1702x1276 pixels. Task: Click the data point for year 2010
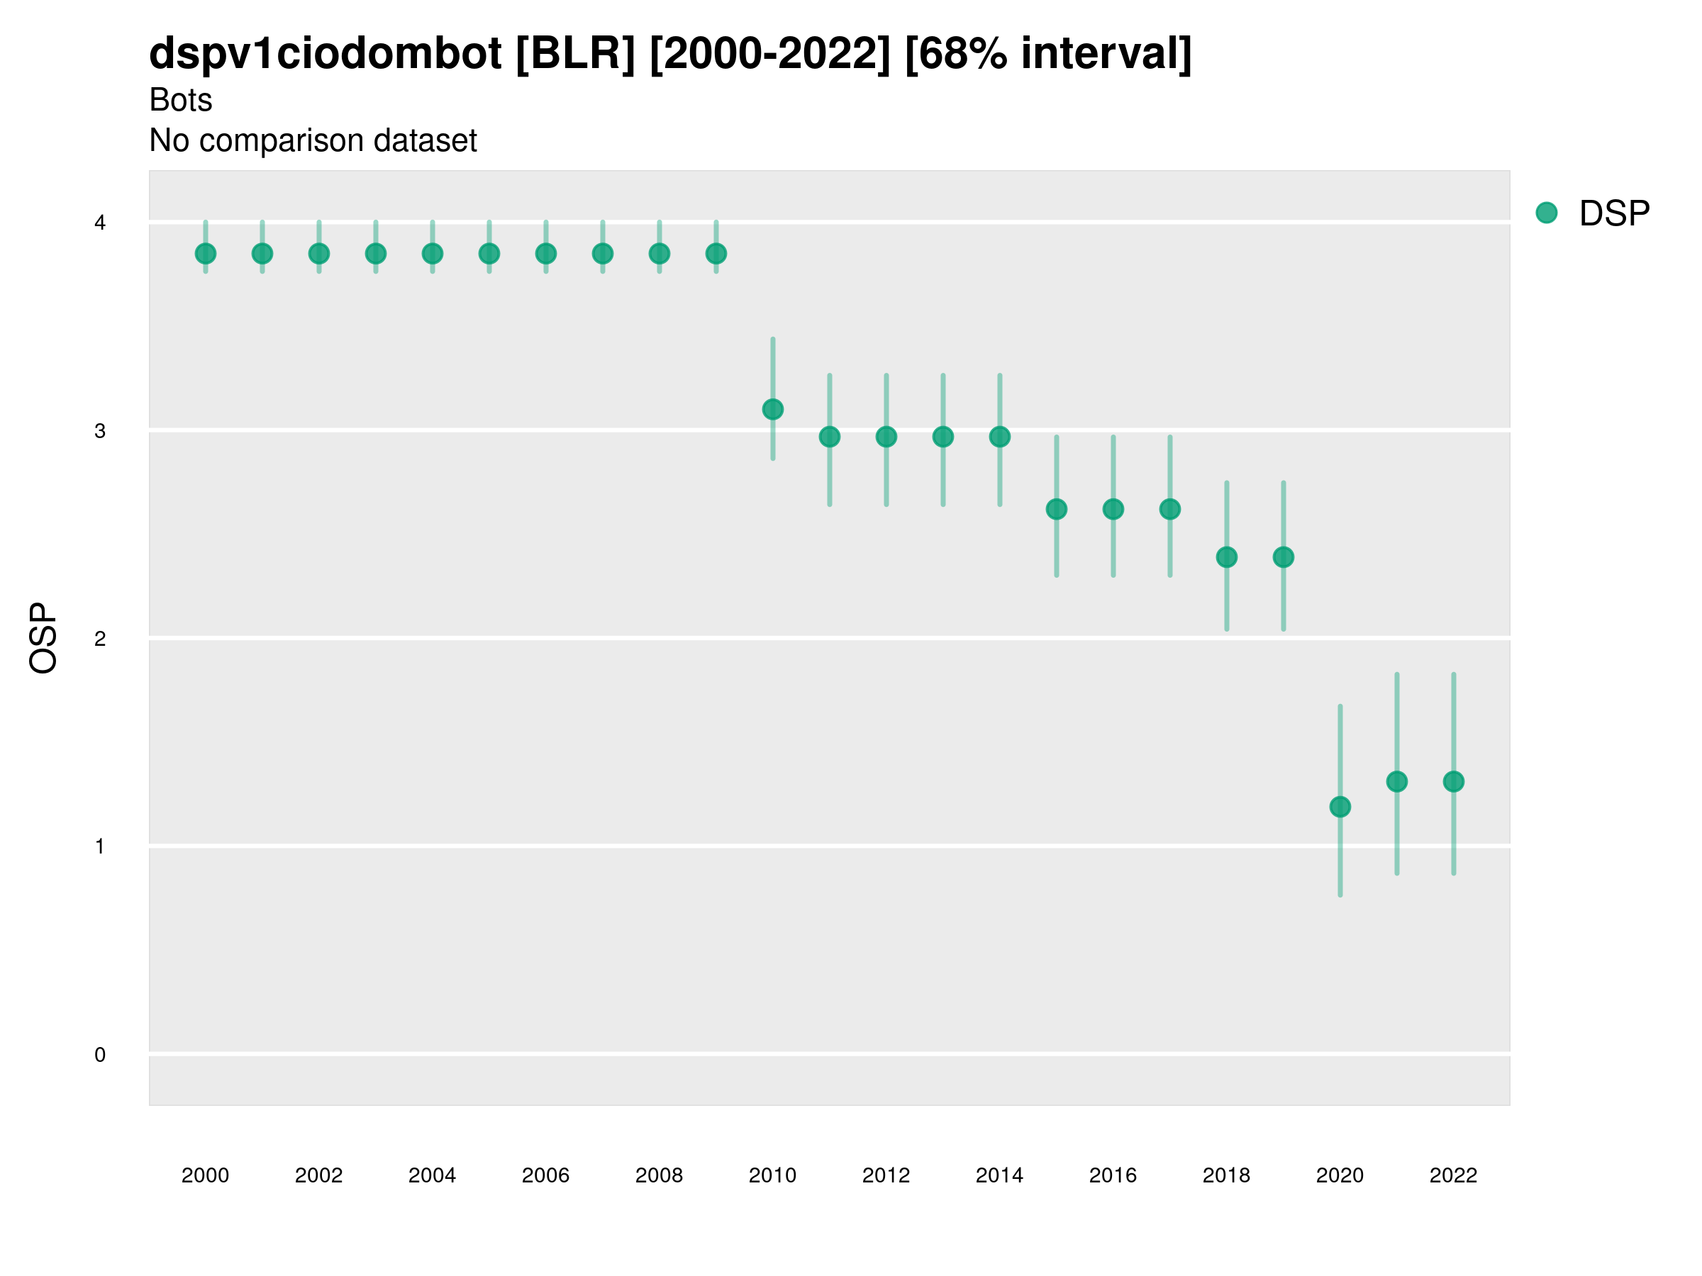point(772,409)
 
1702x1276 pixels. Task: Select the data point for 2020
point(1340,807)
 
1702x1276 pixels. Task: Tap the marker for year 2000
point(206,253)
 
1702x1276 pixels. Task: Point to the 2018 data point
point(1226,557)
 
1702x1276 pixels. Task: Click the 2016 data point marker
point(1113,509)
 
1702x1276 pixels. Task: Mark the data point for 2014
point(999,437)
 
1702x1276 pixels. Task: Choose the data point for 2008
point(660,253)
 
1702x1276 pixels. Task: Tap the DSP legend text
point(1614,214)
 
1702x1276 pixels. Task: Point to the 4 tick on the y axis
point(100,223)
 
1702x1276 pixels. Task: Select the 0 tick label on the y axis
point(100,1055)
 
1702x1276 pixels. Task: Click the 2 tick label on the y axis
point(100,639)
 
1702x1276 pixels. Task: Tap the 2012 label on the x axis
point(886,1175)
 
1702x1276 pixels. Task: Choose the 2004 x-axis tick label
point(432,1175)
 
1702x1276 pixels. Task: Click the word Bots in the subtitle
point(181,100)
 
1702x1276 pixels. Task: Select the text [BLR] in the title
point(576,54)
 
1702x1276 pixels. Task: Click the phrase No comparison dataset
point(313,141)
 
